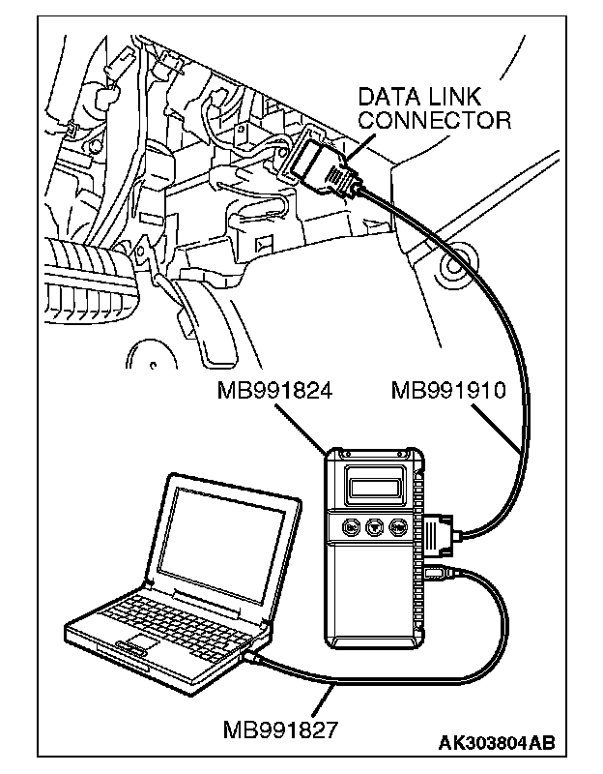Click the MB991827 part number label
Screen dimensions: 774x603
click(x=280, y=728)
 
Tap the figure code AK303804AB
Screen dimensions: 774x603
click(x=497, y=743)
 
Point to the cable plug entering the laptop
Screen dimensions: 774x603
click(x=253, y=657)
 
